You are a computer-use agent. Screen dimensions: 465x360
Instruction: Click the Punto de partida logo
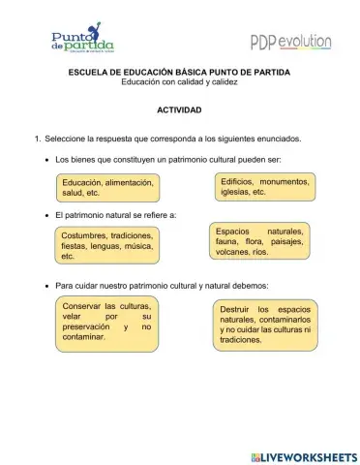coord(82,40)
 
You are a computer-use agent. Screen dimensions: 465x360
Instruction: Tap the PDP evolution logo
coord(290,42)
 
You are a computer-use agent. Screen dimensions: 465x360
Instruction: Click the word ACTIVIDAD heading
coord(179,110)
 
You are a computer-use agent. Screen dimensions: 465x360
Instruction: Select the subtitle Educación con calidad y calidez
coord(179,82)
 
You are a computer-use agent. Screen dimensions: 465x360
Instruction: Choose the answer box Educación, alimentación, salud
coord(106,187)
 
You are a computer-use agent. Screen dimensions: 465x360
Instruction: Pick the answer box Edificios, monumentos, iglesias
coord(264,186)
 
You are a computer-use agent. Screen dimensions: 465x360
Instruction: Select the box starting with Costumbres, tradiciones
coord(106,245)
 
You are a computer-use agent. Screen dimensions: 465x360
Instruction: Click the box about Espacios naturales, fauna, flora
coord(259,241)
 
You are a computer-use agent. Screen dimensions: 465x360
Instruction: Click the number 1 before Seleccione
coord(37,139)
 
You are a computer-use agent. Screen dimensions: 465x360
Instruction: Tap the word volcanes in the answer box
coord(231,252)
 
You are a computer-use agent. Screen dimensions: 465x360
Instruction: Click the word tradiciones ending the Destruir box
coord(241,341)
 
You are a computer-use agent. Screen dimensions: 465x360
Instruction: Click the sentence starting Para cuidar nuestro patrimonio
coord(162,286)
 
